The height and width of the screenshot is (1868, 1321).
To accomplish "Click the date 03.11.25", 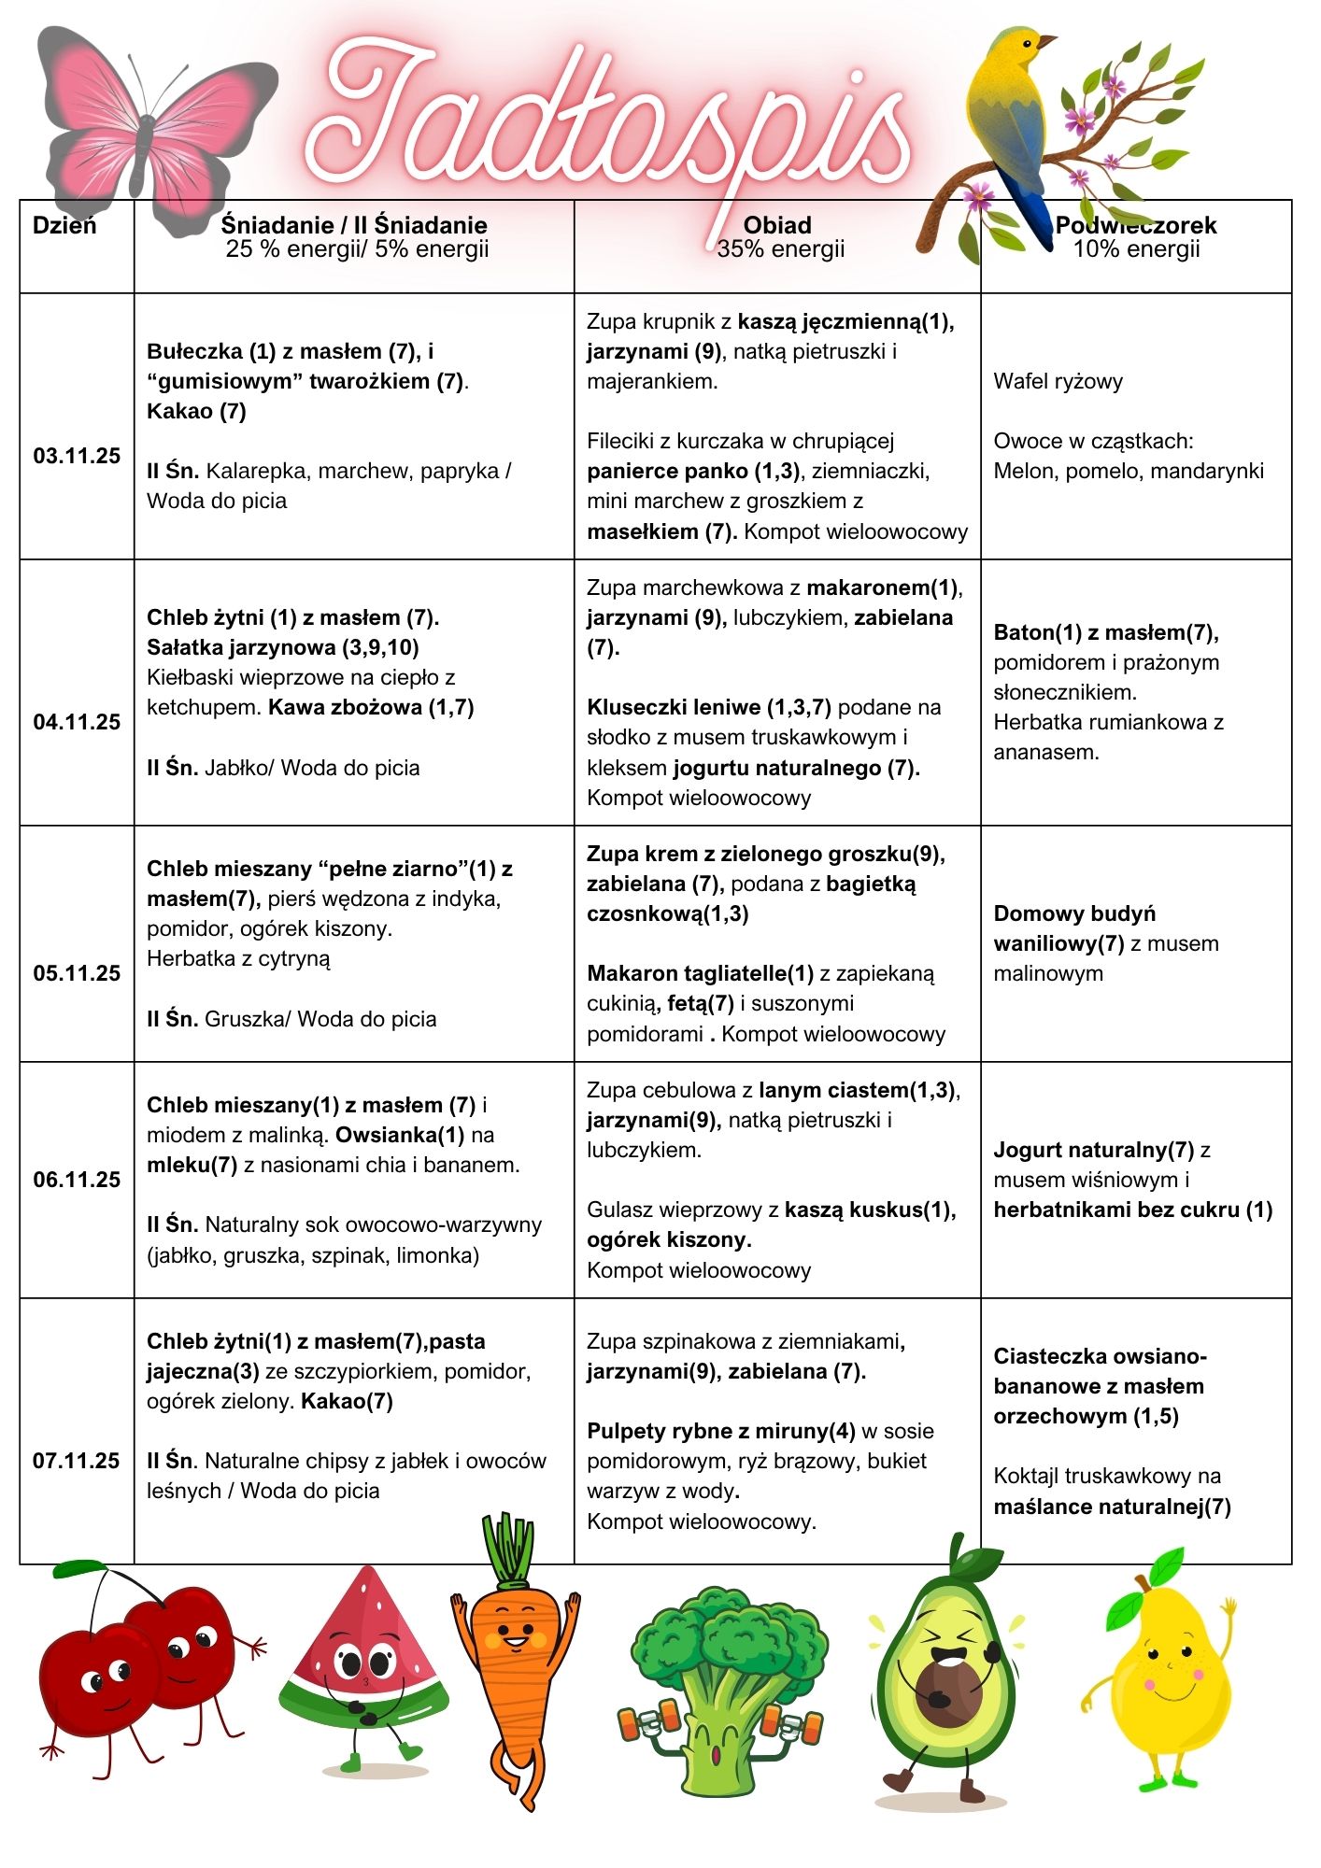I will [x=77, y=456].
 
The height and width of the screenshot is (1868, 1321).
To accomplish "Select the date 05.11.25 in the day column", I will [x=77, y=973].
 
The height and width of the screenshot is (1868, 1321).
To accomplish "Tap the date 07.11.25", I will [x=77, y=1461].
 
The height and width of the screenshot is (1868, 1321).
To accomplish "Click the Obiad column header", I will [x=777, y=225].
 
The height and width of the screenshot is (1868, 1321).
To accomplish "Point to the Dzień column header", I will [x=64, y=225].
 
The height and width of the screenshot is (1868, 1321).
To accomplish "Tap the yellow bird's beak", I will [x=1048, y=41].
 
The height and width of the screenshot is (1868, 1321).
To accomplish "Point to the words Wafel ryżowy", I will [x=1058, y=381].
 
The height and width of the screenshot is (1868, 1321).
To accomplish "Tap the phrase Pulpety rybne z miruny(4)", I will [x=720, y=1431].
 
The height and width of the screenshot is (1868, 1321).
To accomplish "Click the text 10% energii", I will [x=1136, y=249].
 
